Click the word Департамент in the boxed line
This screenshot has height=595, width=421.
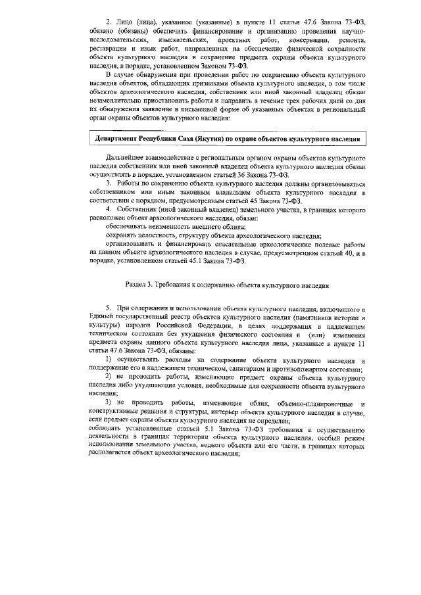[119, 140]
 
